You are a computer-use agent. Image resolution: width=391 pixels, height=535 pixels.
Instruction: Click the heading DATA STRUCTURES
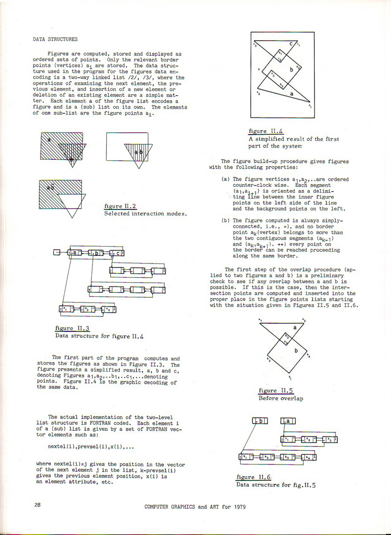[55, 39]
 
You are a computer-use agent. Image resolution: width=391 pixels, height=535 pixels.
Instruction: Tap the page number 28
[38, 505]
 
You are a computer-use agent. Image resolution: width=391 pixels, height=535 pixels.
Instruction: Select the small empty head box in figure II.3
[56, 252]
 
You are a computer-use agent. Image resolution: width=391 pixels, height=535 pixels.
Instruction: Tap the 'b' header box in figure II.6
[259, 421]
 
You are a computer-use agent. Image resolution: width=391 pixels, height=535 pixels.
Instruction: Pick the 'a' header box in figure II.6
[288, 421]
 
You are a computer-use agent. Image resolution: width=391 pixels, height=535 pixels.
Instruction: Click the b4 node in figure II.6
[309, 457]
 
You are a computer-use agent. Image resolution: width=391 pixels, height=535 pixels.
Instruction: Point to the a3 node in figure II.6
[330, 439]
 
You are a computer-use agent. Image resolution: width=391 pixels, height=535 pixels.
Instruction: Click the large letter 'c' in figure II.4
[291, 44]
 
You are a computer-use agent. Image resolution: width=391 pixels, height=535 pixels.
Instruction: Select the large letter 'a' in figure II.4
[291, 93]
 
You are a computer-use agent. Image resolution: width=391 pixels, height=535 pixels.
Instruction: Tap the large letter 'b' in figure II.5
[296, 351]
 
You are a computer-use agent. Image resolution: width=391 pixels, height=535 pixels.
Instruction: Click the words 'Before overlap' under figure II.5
[281, 398]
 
